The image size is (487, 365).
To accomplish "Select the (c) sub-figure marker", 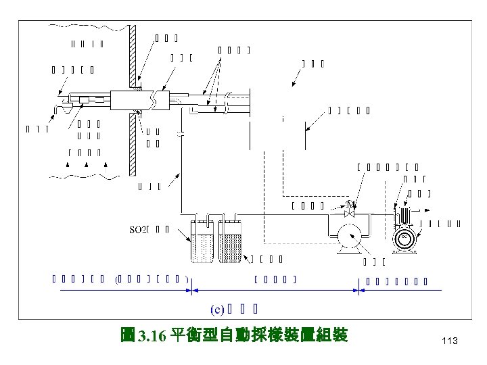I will [216, 310].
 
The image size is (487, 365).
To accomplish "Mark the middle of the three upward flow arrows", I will [87, 165].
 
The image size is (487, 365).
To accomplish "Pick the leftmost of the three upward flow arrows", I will [67, 165].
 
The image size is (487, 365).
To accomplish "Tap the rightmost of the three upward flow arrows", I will [106, 165].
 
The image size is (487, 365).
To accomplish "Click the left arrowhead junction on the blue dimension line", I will [191, 291].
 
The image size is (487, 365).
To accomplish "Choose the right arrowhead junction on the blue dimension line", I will [358, 291].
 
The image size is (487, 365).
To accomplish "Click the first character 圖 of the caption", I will [127, 336].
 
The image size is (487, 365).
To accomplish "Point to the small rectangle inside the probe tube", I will [85, 100].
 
